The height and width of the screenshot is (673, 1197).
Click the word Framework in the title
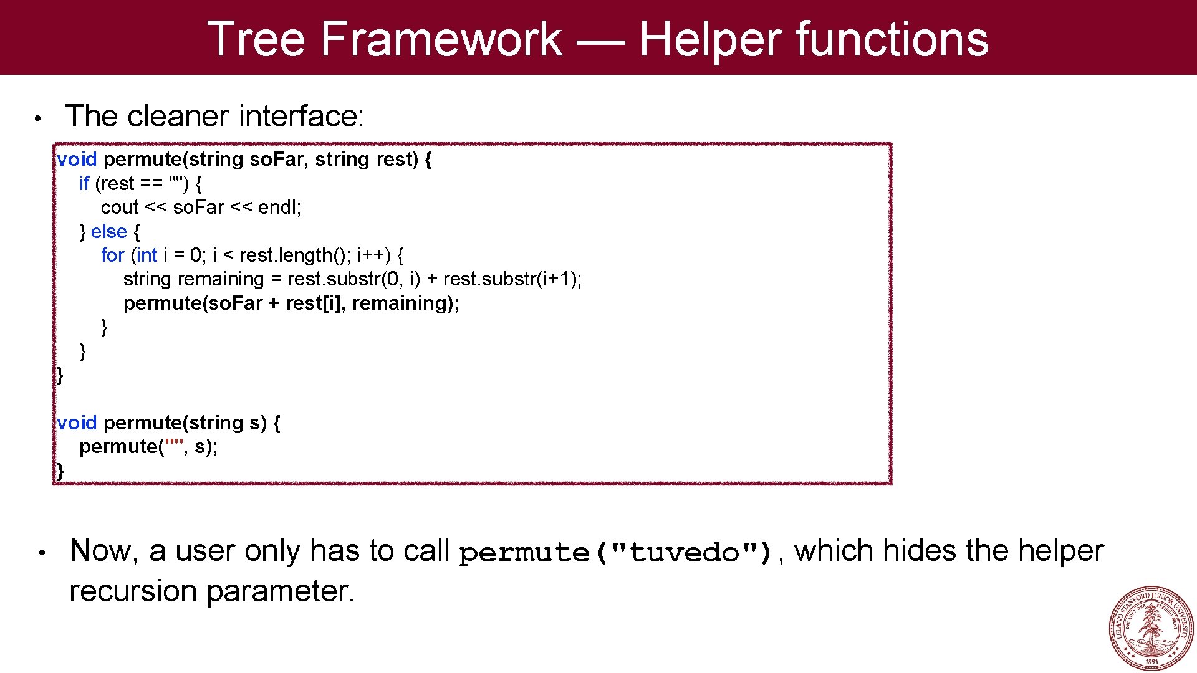(x=441, y=39)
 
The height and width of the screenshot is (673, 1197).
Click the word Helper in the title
(x=711, y=39)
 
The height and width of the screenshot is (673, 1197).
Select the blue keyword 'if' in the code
(x=84, y=183)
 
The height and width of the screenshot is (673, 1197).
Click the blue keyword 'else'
(x=108, y=231)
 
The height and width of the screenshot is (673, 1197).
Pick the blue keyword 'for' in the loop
(x=112, y=255)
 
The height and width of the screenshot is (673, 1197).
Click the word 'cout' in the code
(x=120, y=207)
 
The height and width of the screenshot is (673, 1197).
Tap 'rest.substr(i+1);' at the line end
(x=512, y=279)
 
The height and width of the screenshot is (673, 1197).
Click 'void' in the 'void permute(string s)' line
(x=77, y=422)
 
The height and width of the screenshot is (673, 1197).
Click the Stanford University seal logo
(x=1151, y=628)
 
